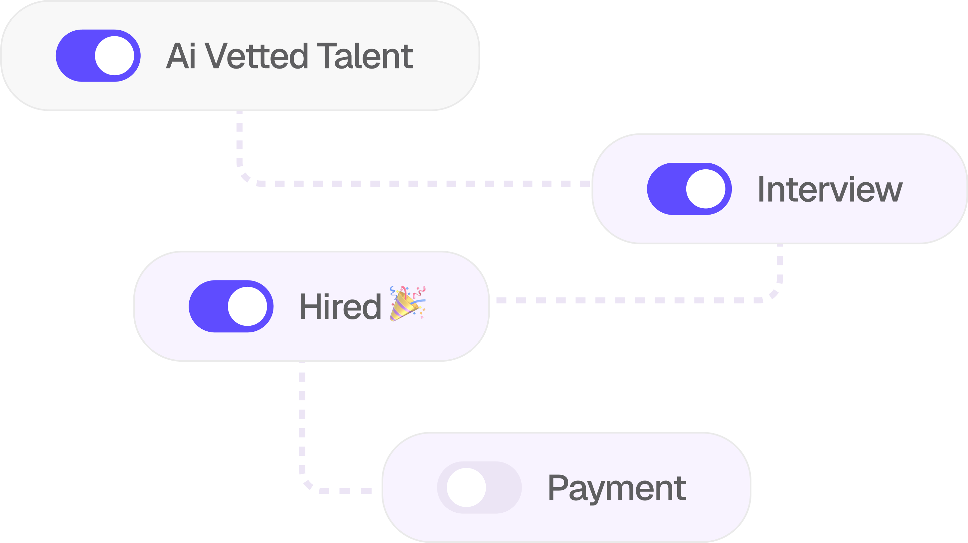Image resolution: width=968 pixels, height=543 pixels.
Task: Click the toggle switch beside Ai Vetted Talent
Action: [98, 56]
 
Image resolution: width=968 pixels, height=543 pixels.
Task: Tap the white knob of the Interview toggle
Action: [705, 189]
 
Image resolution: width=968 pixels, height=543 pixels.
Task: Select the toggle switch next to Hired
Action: [231, 306]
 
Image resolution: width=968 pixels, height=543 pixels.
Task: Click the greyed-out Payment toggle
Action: [479, 487]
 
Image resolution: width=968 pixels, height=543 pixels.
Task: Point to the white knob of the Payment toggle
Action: [466, 487]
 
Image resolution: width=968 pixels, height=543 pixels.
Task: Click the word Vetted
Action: [257, 56]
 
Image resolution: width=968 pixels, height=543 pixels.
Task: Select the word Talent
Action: [365, 56]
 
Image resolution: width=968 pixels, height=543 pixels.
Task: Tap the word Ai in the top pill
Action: [181, 56]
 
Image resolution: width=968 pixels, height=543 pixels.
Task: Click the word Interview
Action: [830, 189]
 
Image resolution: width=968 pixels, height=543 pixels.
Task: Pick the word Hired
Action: [340, 307]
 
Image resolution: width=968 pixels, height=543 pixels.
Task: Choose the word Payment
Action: [617, 488]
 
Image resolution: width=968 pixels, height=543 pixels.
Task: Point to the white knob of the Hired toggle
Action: [247, 306]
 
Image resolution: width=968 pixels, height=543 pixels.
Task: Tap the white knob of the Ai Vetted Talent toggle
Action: [114, 56]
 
